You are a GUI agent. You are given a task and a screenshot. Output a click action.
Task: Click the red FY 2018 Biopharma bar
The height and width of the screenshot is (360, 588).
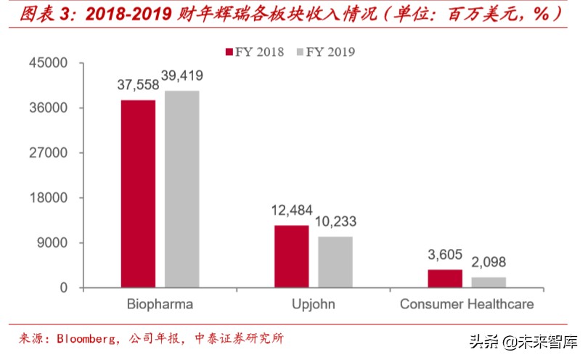[x=138, y=194]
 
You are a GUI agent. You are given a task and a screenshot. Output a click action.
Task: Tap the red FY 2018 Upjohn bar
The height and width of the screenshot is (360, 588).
[x=291, y=256]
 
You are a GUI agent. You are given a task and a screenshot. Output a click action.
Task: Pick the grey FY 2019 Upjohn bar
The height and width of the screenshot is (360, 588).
[x=335, y=262]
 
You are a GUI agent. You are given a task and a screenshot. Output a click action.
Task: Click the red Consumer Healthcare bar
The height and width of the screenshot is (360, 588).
[x=444, y=279]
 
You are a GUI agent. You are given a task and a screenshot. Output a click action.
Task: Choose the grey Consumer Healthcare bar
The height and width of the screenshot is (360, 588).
[x=489, y=282]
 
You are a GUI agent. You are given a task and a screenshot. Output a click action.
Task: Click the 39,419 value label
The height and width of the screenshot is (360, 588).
[x=181, y=75]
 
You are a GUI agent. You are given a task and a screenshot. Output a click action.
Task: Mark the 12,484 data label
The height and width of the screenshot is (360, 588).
[x=290, y=210]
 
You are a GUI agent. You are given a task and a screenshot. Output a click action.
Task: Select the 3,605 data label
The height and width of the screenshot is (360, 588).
[x=444, y=255]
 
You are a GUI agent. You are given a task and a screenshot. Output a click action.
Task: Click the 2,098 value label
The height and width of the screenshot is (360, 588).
[x=489, y=263]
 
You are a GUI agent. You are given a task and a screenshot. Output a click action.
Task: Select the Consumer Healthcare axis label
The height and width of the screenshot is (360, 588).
[x=467, y=304]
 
